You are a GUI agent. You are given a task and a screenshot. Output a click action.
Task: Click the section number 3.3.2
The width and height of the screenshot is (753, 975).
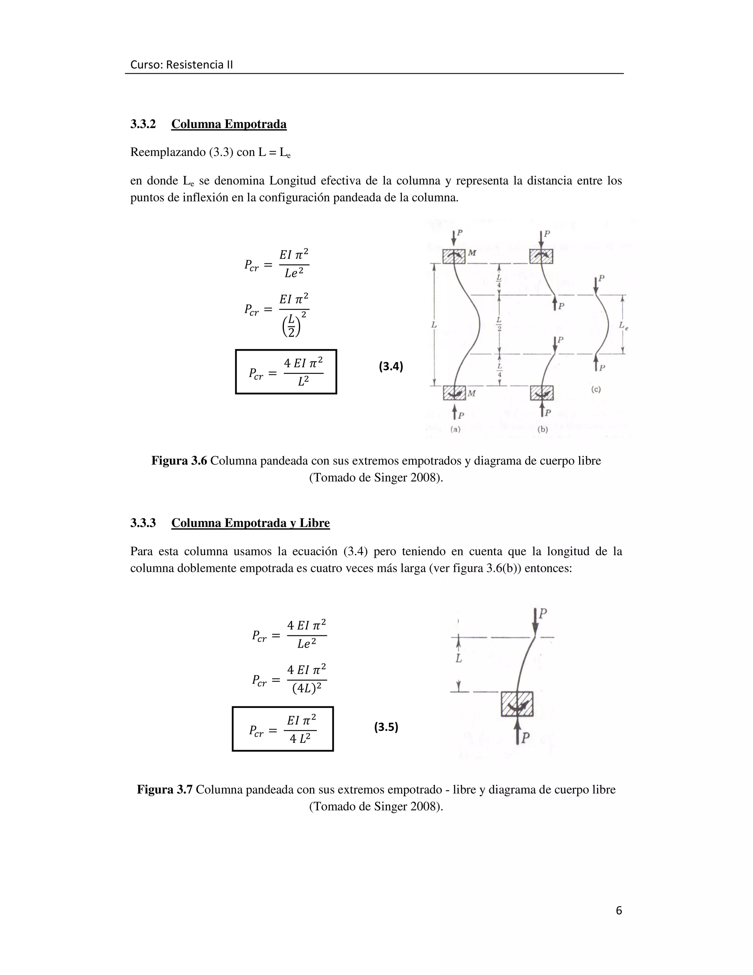[143, 124]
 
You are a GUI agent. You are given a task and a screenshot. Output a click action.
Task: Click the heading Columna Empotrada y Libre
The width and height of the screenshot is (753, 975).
[250, 523]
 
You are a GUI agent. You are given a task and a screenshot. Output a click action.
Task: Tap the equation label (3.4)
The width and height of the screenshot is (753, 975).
[391, 366]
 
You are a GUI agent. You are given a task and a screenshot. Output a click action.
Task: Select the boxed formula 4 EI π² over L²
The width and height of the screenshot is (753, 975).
[286, 372]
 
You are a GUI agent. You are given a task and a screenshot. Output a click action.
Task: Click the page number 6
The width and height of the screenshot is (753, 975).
[618, 910]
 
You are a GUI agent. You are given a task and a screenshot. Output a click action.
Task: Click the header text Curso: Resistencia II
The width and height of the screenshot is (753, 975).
[182, 65]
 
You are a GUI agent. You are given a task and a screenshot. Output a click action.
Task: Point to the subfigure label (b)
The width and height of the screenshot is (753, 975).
[542, 429]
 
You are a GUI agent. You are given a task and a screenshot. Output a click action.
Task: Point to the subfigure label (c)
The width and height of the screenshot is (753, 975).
[596, 389]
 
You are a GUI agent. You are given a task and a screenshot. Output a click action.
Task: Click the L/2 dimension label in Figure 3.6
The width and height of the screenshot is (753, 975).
[499, 325]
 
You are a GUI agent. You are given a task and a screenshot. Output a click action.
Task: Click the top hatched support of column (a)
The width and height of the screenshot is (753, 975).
[454, 256]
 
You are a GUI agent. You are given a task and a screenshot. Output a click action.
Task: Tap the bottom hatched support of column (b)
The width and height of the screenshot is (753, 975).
[542, 393]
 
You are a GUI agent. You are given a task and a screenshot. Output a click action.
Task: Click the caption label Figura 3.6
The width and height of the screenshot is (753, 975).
[179, 461]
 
